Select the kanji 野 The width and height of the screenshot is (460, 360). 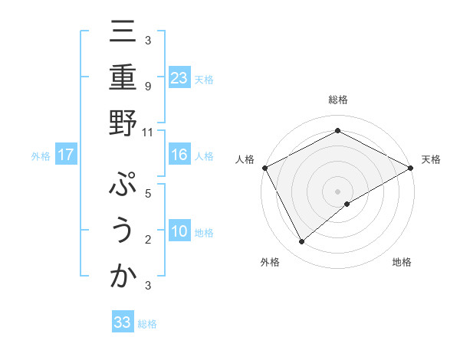point(123,125)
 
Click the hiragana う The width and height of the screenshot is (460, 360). point(123,233)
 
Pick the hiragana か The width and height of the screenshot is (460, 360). point(123,278)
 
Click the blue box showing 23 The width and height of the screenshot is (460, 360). point(179,78)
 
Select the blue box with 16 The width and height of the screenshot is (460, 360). point(179,155)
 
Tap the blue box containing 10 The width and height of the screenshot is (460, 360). point(179,232)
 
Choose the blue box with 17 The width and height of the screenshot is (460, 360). point(66,155)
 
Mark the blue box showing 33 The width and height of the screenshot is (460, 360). point(123,322)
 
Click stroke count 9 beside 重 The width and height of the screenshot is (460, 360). point(148,87)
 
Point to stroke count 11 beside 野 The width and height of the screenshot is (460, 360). point(147,132)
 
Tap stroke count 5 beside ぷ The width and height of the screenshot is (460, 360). point(148,194)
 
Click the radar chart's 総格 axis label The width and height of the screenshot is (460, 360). point(338,100)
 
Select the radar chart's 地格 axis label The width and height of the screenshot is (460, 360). point(402,262)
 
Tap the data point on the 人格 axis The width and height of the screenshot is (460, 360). point(264,167)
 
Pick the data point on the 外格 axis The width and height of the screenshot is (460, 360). point(302,242)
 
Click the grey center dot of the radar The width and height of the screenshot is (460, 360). point(338,191)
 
